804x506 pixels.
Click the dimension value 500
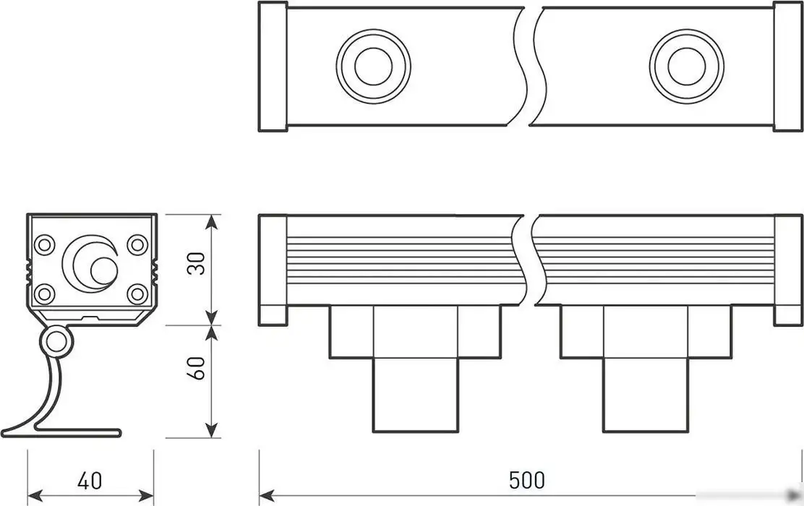click(526, 479)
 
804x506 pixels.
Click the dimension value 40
click(90, 480)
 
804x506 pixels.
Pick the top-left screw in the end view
click(45, 244)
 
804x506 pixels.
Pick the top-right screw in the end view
click(137, 244)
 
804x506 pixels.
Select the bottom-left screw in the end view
click(45, 293)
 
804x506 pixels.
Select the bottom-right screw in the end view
click(137, 293)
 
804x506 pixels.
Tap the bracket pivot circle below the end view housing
click(56, 342)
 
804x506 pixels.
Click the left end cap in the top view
click(273, 67)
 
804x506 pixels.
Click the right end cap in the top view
click(788, 67)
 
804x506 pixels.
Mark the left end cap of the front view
click(273, 270)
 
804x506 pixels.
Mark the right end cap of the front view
click(788, 270)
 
